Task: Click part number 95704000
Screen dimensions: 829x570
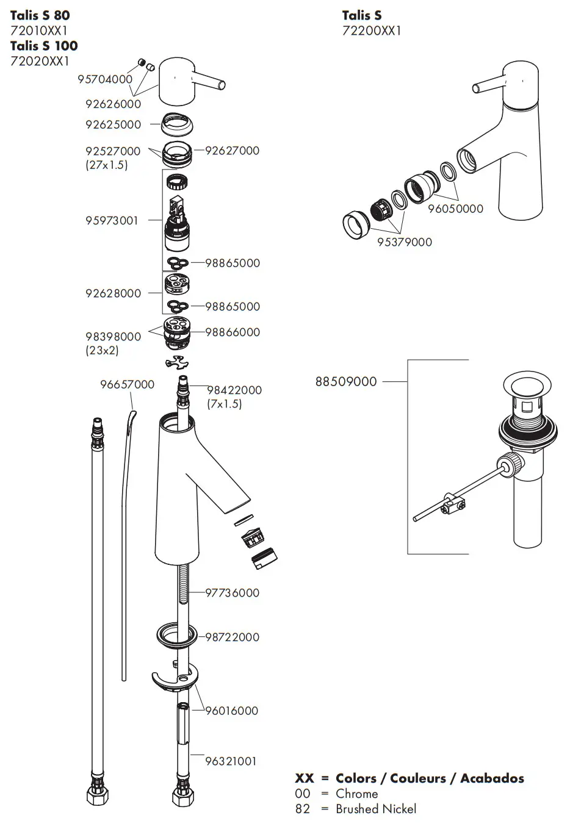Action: [105, 79]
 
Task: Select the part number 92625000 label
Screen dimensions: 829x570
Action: [113, 124]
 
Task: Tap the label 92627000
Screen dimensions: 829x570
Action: [232, 151]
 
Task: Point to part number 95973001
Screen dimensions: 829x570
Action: [112, 221]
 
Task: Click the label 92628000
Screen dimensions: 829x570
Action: [113, 293]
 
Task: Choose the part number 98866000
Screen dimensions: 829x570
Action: [232, 332]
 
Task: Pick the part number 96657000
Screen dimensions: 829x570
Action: [127, 384]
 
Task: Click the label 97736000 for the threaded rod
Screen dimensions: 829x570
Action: [232, 593]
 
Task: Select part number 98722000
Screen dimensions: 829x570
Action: [232, 637]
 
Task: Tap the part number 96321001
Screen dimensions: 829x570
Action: [231, 761]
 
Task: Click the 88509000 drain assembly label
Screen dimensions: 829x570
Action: [346, 382]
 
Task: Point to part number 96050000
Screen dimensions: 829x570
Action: [455, 209]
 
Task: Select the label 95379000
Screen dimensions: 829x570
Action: [404, 242]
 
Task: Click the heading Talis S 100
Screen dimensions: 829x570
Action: [44, 46]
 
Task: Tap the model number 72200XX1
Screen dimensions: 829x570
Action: [372, 31]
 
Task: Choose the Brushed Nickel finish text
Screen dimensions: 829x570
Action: [376, 809]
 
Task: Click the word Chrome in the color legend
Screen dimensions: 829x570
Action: [356, 794]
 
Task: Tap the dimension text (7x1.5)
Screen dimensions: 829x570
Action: [224, 404]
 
